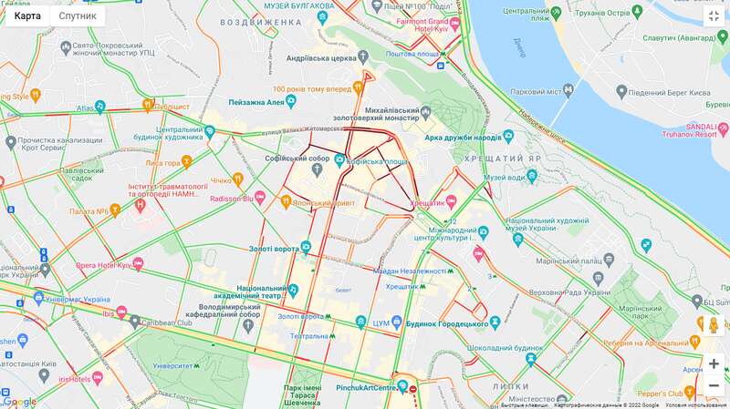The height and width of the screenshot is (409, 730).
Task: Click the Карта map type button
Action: click(x=27, y=15)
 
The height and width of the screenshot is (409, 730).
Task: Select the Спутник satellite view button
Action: click(x=78, y=15)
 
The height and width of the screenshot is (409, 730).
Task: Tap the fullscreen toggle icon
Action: click(x=713, y=16)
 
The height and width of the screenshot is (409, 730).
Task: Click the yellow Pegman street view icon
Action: click(x=714, y=325)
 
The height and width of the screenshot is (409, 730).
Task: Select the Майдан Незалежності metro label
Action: click(x=410, y=271)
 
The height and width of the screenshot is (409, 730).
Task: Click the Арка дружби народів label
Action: click(x=464, y=138)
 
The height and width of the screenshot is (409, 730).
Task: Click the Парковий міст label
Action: click(x=534, y=91)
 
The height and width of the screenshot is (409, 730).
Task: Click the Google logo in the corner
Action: click(x=20, y=401)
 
